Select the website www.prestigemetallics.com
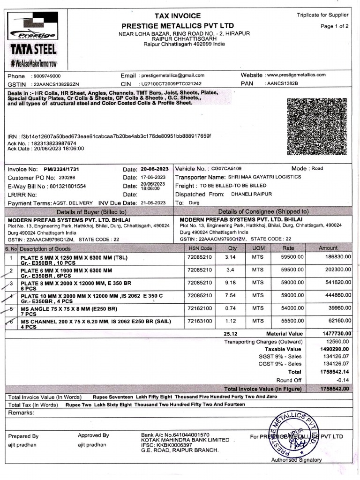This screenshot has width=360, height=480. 295,75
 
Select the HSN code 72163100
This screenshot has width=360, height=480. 200,321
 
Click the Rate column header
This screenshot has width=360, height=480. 288,248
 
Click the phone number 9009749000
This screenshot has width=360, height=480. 46,76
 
